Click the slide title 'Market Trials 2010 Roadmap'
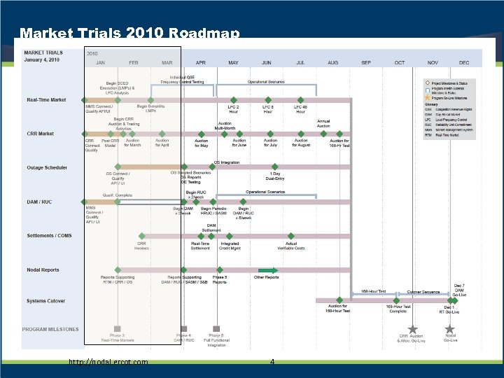pos(130,33)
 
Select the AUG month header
pos(332,62)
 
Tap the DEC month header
pos(464,62)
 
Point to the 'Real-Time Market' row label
pos(47,100)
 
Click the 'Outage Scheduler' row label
pos(47,168)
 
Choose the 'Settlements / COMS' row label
pos(49,236)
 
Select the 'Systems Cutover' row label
pos(46,301)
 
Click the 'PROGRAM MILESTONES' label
pos(50,329)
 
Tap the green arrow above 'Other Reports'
pos(267,270)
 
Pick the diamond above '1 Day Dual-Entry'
pos(276,168)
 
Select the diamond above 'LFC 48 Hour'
pos(300,100)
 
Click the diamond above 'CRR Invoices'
pos(142,237)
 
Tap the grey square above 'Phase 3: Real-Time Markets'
pos(118,328)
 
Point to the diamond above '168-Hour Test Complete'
pos(398,300)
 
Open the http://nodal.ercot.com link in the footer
pos(108,362)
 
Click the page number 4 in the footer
pos(272,362)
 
